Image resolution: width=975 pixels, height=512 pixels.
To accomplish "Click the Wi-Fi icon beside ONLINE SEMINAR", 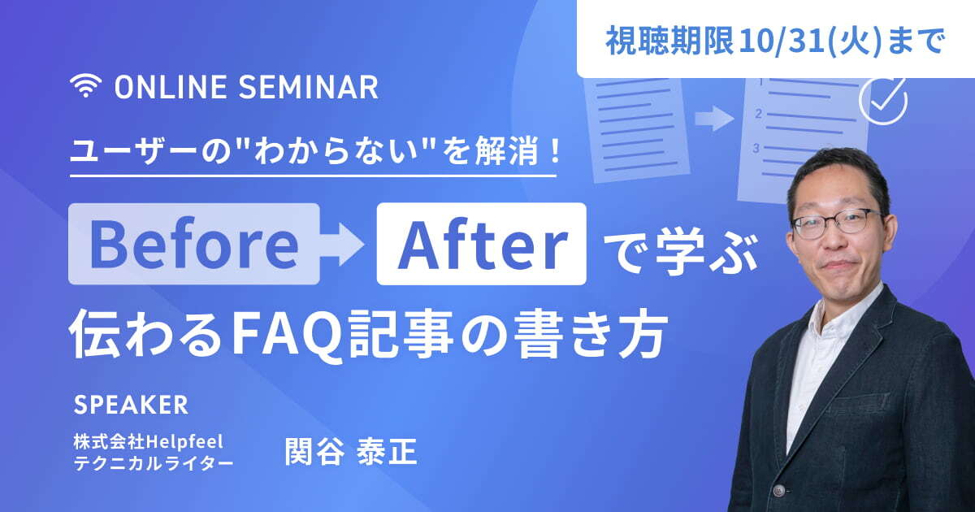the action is (86, 85).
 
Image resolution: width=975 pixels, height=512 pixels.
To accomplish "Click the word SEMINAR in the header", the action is (308, 87).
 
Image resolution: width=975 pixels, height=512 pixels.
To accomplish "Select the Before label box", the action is (194, 244).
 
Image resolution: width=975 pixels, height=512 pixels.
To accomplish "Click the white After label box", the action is (481, 244).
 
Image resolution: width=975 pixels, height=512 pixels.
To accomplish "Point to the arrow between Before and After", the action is (342, 245).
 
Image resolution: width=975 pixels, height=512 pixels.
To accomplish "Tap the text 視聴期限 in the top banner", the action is (669, 41).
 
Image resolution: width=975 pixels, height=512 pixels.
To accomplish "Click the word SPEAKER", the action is (131, 405).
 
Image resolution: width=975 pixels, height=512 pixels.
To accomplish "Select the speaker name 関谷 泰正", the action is (351, 452).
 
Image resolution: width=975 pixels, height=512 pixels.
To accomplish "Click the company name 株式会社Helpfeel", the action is (149, 442).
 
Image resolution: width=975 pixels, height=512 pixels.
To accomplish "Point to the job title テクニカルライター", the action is (154, 463).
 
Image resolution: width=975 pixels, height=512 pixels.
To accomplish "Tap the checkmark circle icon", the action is (883, 100).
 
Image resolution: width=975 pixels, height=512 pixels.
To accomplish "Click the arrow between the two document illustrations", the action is (714, 119).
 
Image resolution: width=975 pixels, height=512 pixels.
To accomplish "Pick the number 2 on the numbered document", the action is (759, 114).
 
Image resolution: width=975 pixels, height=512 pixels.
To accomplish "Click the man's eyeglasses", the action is (835, 223).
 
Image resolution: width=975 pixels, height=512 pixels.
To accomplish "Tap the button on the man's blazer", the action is (779, 491).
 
